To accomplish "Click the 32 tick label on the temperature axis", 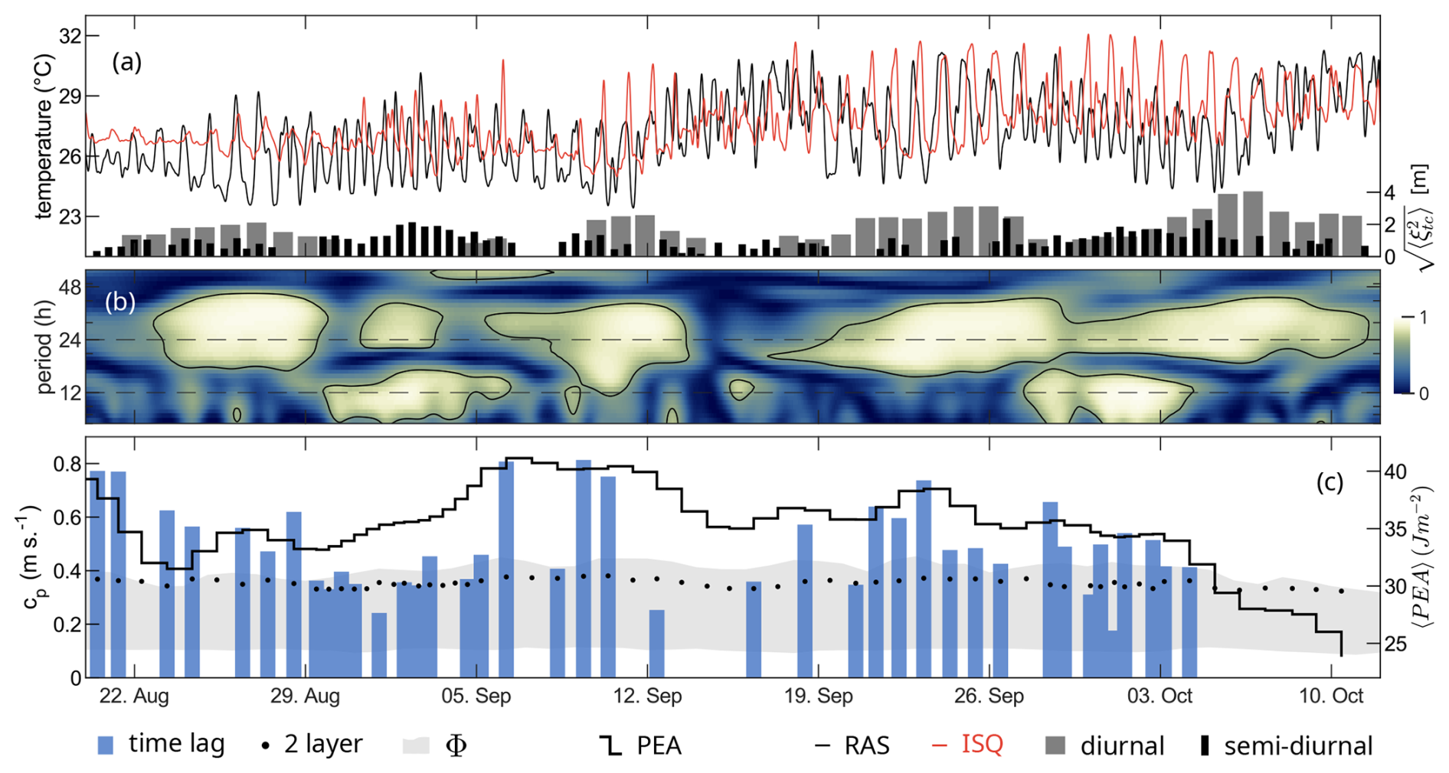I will pyautogui.click(x=68, y=36).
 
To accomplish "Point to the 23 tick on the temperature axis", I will pyautogui.click(x=68, y=217).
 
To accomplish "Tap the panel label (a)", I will pyautogui.click(x=127, y=62).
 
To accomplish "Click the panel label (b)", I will pyautogui.click(x=120, y=302).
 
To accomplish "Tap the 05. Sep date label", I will pyautogui.click(x=476, y=696).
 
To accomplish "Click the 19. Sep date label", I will pyautogui.click(x=819, y=696).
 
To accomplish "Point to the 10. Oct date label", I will pyautogui.click(x=1333, y=696).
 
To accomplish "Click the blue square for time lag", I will pyautogui.click(x=106, y=745).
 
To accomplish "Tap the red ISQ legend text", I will pyautogui.click(x=982, y=744).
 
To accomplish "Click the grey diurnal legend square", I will pyautogui.click(x=1056, y=745).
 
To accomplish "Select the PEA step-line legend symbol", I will pyautogui.click(x=610, y=745).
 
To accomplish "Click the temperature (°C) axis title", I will pyautogui.click(x=44, y=136).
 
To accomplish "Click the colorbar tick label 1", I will pyautogui.click(x=1423, y=318).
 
